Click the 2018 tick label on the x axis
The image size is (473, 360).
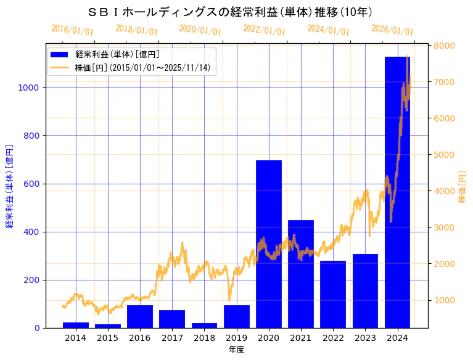[x=204, y=338]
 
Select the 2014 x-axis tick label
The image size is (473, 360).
[x=76, y=338]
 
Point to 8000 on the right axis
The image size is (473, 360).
[x=444, y=46]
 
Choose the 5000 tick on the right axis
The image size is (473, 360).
[x=444, y=155]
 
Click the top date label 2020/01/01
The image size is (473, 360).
[x=200, y=30]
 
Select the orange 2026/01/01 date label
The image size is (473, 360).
[x=392, y=30]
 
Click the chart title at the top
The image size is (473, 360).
[x=230, y=12]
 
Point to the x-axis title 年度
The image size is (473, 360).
[x=236, y=350]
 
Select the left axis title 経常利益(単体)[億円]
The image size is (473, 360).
[x=9, y=187]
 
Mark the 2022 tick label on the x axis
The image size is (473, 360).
[x=333, y=338]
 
